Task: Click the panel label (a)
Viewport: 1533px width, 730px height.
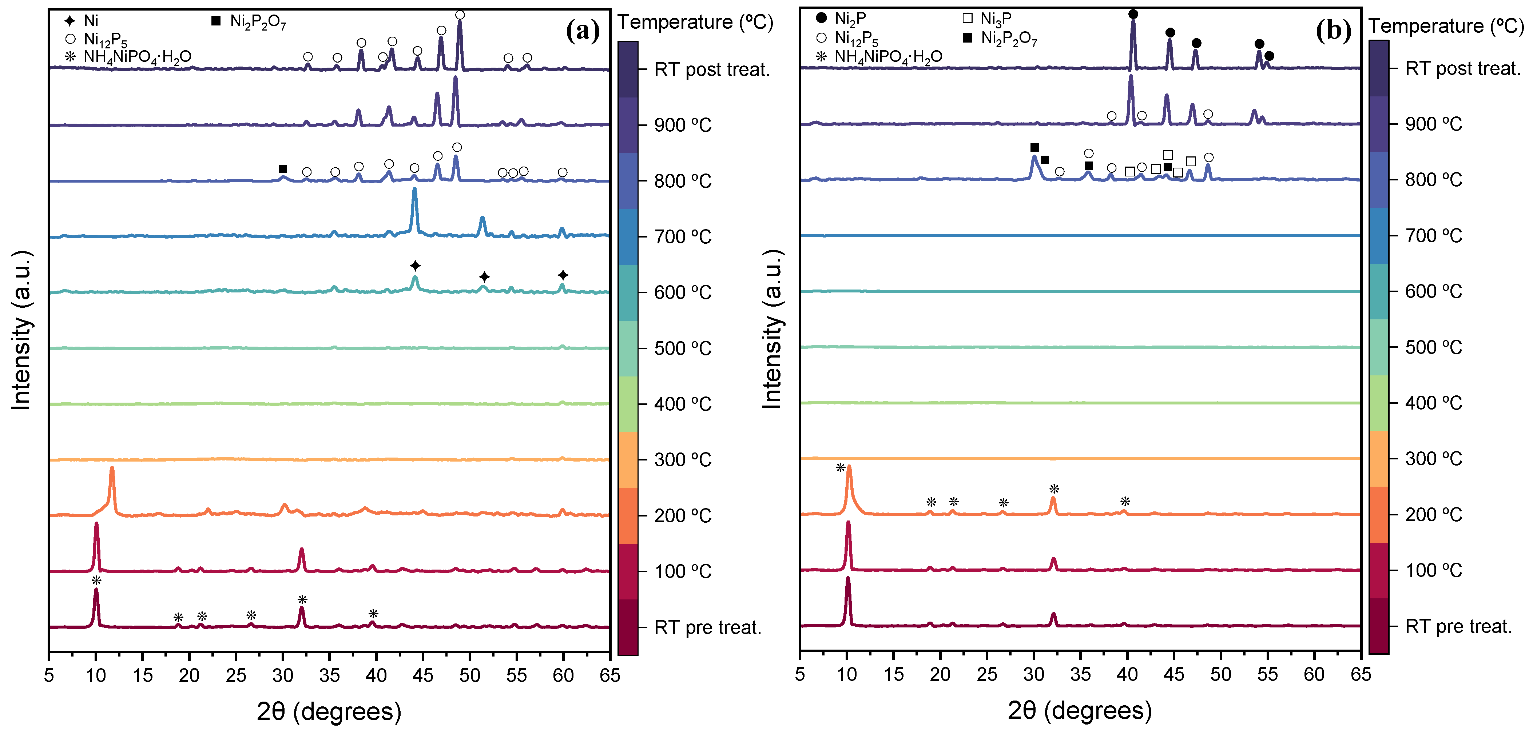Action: (583, 30)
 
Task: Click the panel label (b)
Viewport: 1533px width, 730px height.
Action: (1333, 30)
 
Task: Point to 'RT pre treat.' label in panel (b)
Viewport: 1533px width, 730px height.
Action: (1458, 626)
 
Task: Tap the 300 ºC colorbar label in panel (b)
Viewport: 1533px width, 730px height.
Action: (1433, 459)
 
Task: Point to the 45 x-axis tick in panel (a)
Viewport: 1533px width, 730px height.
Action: (423, 675)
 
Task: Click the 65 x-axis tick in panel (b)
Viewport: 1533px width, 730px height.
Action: (1361, 674)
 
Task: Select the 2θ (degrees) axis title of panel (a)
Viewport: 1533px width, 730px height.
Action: (329, 711)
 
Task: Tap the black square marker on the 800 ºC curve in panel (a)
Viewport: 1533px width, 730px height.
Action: (283, 169)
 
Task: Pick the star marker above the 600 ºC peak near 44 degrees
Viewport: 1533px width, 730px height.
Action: (416, 266)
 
